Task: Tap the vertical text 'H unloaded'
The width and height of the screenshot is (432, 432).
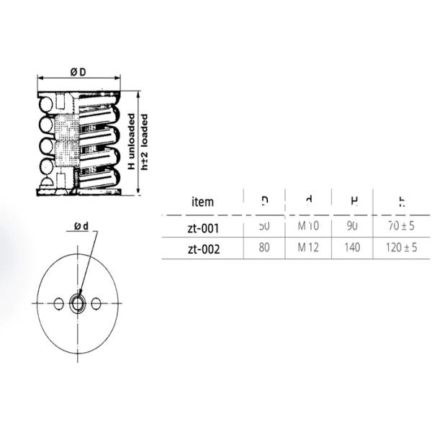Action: [x=132, y=142]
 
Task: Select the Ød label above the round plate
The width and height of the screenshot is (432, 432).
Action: [x=81, y=227]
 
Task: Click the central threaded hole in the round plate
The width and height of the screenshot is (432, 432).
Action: [x=77, y=304]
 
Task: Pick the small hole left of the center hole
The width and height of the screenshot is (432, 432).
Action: [x=59, y=304]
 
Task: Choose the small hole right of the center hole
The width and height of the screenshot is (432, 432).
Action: [x=96, y=304]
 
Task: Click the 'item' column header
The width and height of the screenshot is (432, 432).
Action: [x=202, y=201]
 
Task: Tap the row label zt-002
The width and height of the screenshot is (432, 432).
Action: [x=202, y=249]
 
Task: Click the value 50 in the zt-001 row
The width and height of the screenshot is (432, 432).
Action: [x=264, y=226]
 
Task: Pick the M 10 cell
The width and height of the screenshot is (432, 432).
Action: [x=308, y=226]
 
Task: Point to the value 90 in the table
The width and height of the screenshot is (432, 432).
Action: [x=352, y=226]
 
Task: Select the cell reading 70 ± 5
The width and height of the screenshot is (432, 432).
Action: [x=400, y=226]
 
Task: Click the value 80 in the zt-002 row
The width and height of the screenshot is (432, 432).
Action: [x=264, y=248]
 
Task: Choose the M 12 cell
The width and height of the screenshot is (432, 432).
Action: [x=308, y=248]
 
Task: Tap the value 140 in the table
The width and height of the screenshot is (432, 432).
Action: [x=352, y=248]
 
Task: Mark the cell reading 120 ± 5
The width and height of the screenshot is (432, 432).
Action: [x=400, y=248]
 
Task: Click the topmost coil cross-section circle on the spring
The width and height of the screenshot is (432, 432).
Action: [x=46, y=107]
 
